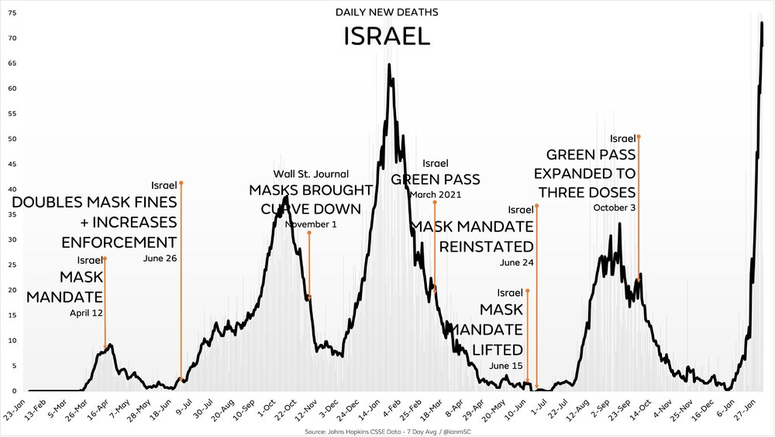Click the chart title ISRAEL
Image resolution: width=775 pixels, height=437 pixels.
pyautogui.click(x=387, y=36)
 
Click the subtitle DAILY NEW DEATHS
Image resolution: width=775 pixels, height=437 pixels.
pyautogui.click(x=387, y=12)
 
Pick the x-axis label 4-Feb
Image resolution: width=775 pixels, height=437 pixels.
pyautogui.click(x=393, y=411)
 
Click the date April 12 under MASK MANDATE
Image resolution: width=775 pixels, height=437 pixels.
pyautogui.click(x=86, y=313)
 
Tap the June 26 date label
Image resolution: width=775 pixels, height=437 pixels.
pyautogui.click(x=160, y=258)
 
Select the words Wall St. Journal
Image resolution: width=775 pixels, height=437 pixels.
pyautogui.click(x=311, y=174)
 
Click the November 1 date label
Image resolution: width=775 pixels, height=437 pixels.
pyautogui.click(x=311, y=224)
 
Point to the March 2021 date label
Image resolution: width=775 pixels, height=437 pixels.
pyautogui.click(x=435, y=194)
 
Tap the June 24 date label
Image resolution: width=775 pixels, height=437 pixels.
pyautogui.click(x=517, y=262)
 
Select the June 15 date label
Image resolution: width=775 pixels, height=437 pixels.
pyautogui.click(x=507, y=366)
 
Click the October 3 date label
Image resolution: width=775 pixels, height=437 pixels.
pyautogui.click(x=614, y=207)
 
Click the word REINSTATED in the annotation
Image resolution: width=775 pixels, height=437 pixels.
pyautogui.click(x=486, y=246)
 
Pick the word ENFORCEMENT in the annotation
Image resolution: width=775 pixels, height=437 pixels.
pyautogui.click(x=119, y=241)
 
